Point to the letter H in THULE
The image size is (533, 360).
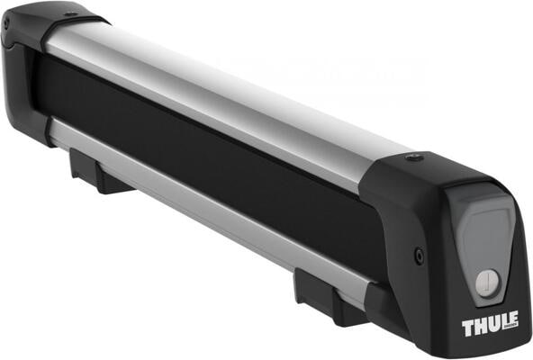479,326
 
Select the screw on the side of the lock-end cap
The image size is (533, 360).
419,256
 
